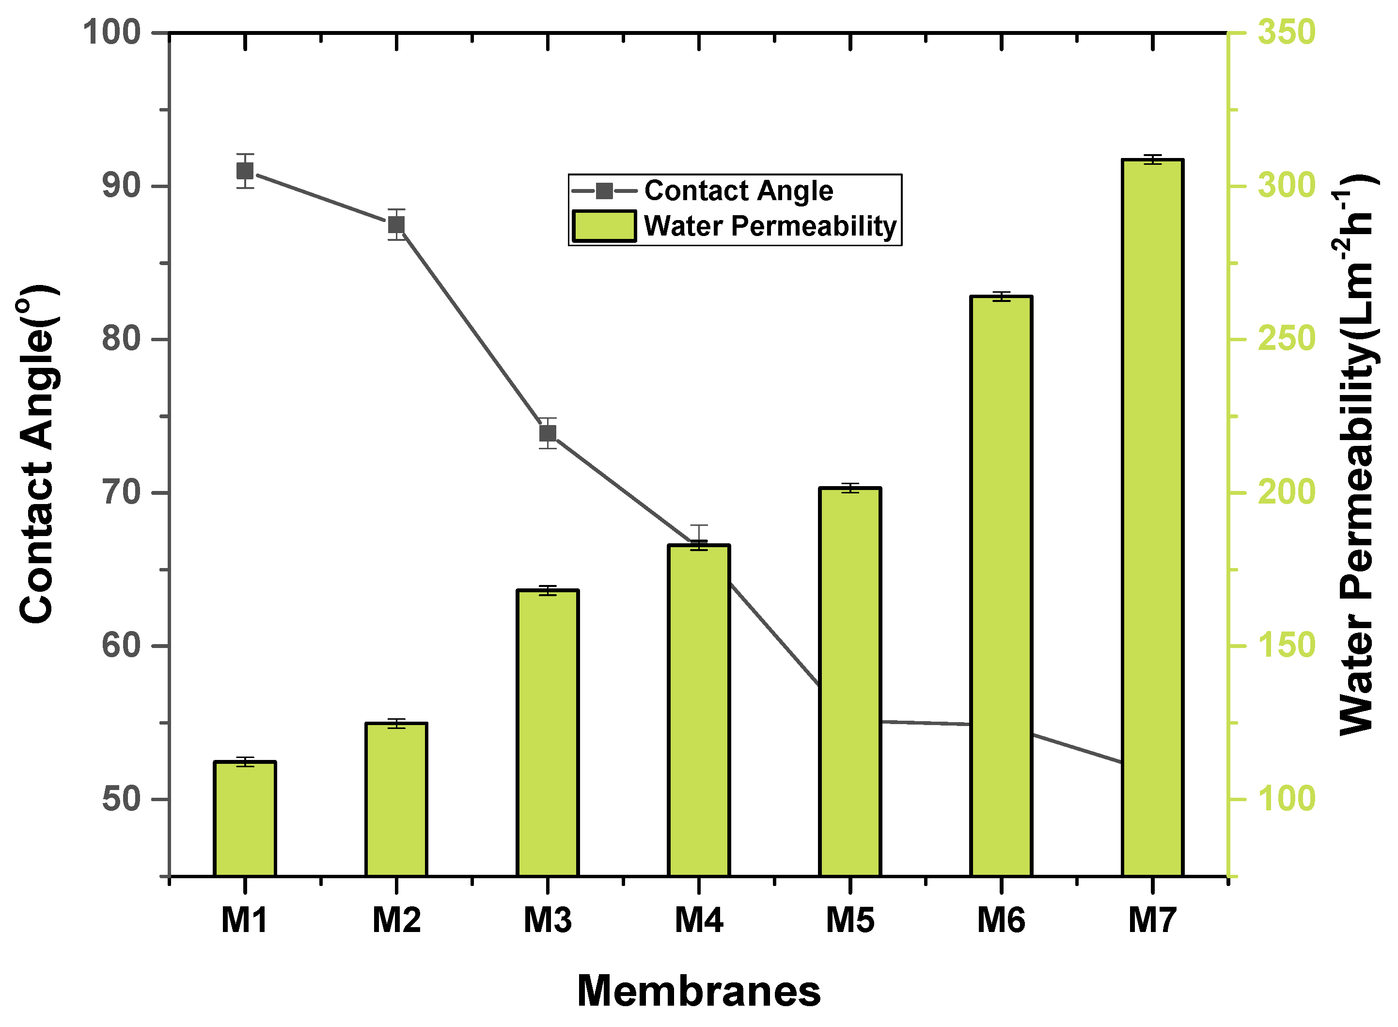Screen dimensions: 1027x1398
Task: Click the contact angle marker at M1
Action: [x=244, y=171]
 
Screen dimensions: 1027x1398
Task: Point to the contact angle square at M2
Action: [x=396, y=224]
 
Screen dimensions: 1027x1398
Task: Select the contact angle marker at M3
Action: [x=547, y=433]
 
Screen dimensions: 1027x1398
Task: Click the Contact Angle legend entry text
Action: [x=738, y=191]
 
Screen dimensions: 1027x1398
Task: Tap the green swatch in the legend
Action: [x=604, y=226]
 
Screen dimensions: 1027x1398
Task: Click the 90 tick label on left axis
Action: [x=121, y=186]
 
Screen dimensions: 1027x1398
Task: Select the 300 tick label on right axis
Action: [x=1286, y=186]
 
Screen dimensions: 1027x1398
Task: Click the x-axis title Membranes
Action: [x=699, y=991]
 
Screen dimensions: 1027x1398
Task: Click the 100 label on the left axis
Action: [x=112, y=32]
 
